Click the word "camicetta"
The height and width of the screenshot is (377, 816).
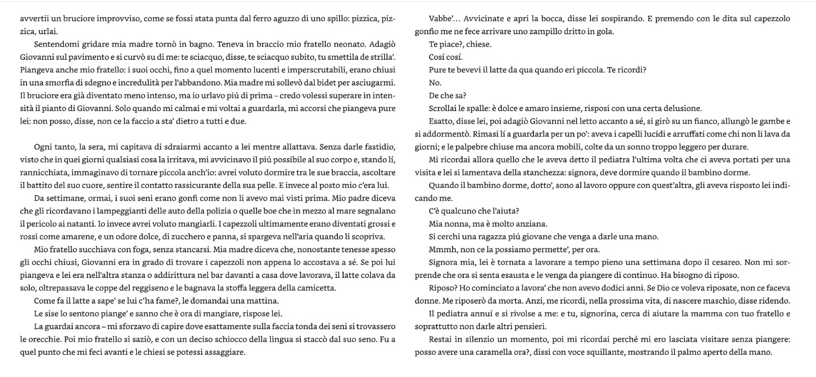312,288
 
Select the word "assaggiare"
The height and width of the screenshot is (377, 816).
226,353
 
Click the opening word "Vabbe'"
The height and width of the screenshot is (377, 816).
442,19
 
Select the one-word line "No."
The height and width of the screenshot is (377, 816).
435,83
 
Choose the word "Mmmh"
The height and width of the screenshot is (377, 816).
441,249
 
